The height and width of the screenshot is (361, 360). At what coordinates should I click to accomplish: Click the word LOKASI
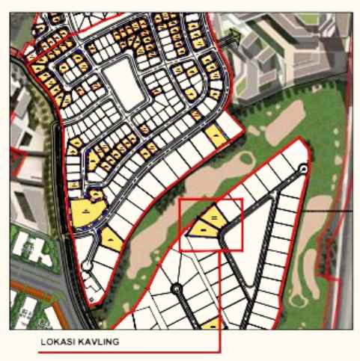[56, 342]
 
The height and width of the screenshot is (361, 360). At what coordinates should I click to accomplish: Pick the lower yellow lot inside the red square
[201, 226]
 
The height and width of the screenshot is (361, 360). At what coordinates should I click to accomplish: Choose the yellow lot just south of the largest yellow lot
[111, 239]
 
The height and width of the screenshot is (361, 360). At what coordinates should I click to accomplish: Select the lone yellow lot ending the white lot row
[215, 135]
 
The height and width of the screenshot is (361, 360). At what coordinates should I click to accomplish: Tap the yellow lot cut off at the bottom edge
[212, 324]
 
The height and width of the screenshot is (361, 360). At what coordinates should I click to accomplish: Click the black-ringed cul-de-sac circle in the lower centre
[177, 289]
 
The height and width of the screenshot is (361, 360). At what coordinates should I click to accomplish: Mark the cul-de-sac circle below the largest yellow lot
[88, 265]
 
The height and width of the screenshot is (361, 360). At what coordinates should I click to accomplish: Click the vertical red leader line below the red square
[220, 299]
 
